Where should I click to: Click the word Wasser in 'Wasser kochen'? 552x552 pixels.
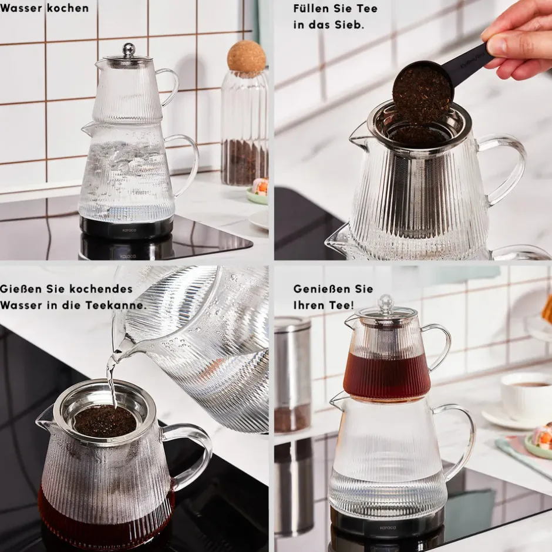point(22,8)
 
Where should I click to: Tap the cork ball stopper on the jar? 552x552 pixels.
point(246,56)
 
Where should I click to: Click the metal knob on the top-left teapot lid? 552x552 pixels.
point(129,50)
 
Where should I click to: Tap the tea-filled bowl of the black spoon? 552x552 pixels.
point(422,92)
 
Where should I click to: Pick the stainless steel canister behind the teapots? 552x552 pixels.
point(292,374)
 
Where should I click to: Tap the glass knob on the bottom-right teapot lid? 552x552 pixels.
point(386,304)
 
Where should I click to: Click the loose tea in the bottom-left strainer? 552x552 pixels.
point(105,421)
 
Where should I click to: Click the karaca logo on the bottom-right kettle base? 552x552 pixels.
point(388,527)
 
